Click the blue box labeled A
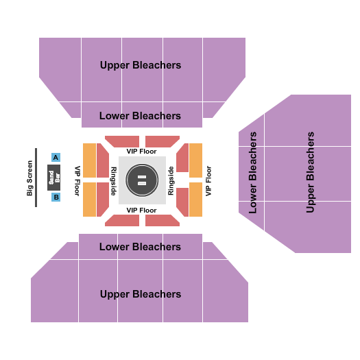[x=56, y=157]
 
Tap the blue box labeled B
[x=56, y=197]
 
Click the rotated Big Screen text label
[x=29, y=178]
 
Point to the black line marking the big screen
[x=36, y=178]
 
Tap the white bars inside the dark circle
[x=142, y=180]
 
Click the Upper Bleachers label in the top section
[x=141, y=65]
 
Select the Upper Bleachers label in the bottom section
[x=141, y=294]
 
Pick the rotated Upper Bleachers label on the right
[x=311, y=171]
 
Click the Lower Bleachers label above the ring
[x=141, y=116]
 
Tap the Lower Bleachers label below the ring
[x=141, y=247]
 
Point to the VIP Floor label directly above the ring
[x=142, y=151]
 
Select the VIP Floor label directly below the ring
[x=142, y=210]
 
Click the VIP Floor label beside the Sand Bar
[x=77, y=180]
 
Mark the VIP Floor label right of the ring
[x=208, y=180]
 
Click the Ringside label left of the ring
[x=113, y=180]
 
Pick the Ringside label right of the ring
[x=171, y=180]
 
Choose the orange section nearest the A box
[x=89, y=161]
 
